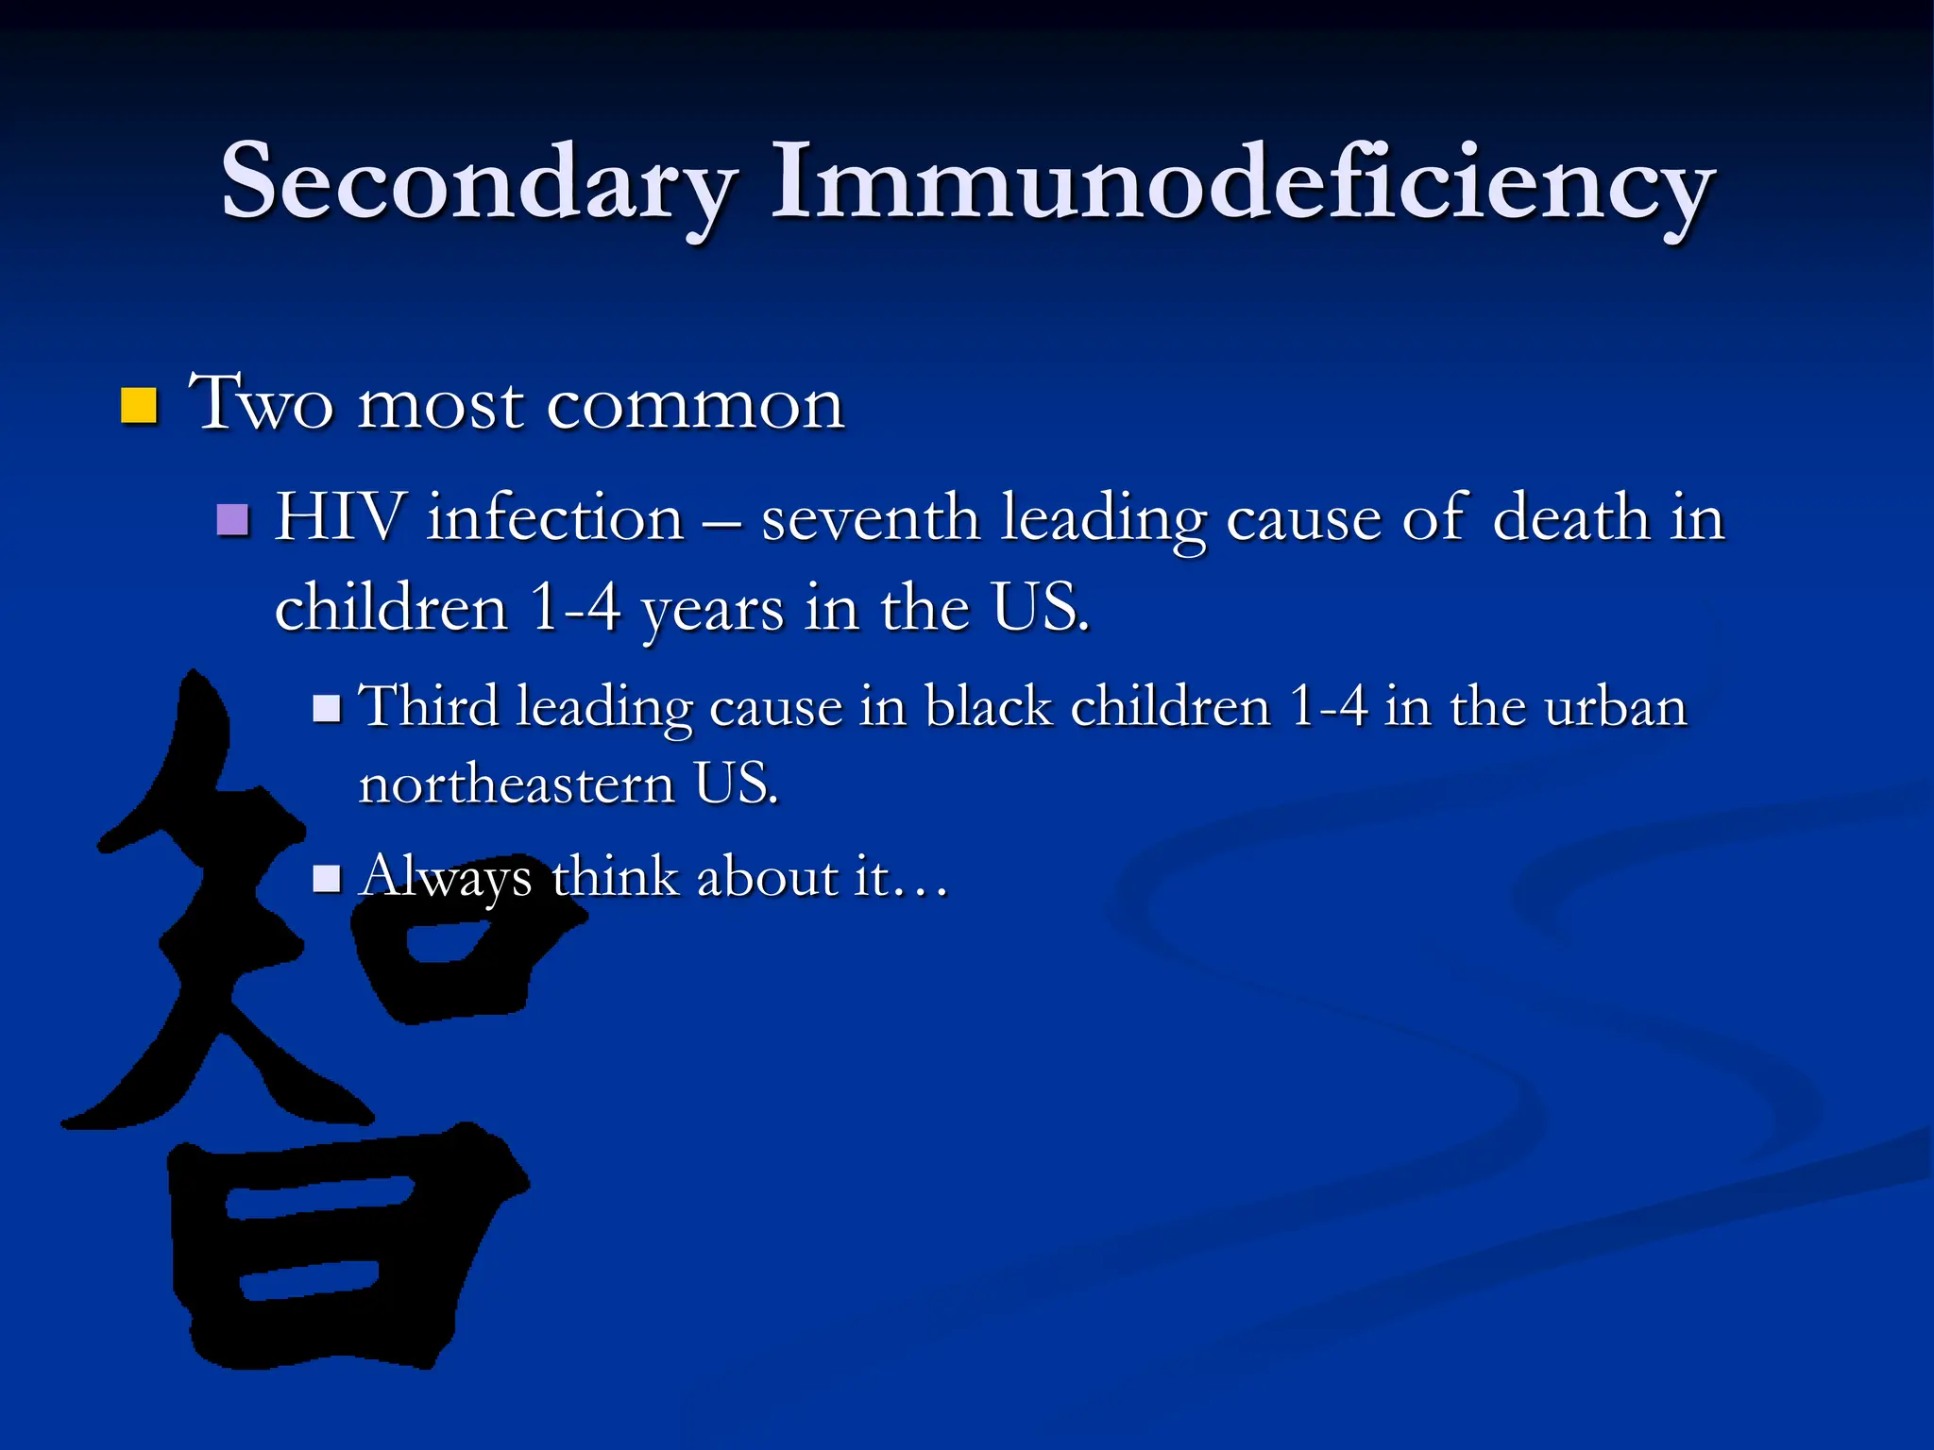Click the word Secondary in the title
pos(478,181)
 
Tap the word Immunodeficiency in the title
pos(1242,181)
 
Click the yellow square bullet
pos(139,405)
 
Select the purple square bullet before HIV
pos(232,519)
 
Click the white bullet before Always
pos(327,879)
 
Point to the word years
pos(712,609)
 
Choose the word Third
pos(430,707)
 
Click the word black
pos(988,707)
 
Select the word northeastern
pos(517,784)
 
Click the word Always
pos(446,878)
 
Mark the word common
pos(695,406)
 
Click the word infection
pos(555,517)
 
